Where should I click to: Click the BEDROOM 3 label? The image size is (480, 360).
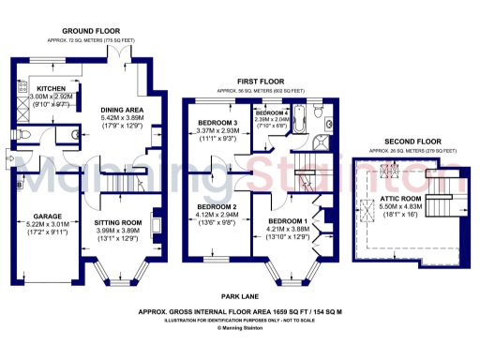(x=217, y=124)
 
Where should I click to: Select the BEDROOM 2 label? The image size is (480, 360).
(x=216, y=207)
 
